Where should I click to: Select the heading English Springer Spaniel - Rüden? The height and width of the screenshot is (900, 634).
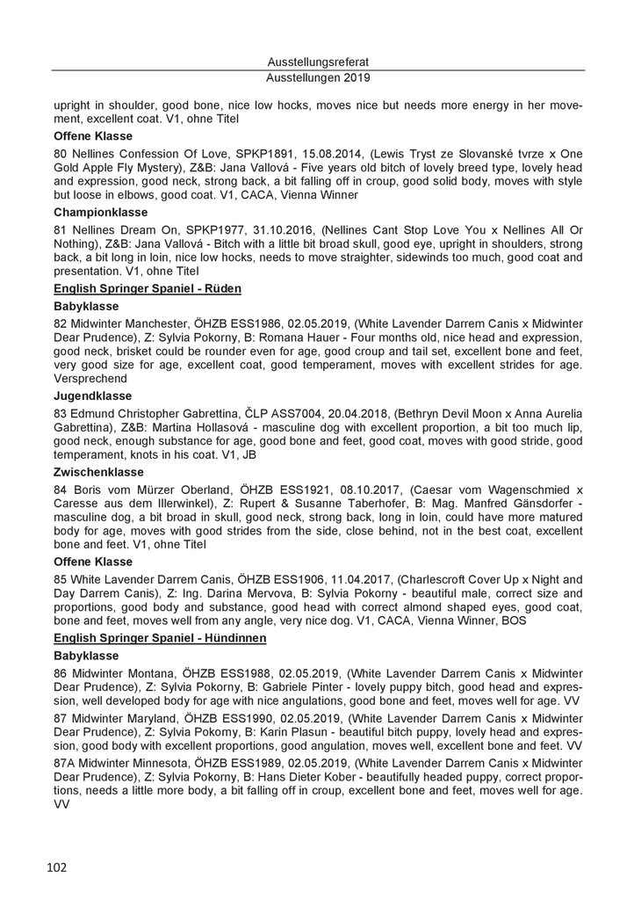click(148, 289)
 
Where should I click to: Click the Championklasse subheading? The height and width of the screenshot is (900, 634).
click(99, 213)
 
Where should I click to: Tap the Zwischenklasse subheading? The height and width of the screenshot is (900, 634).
click(98, 471)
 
